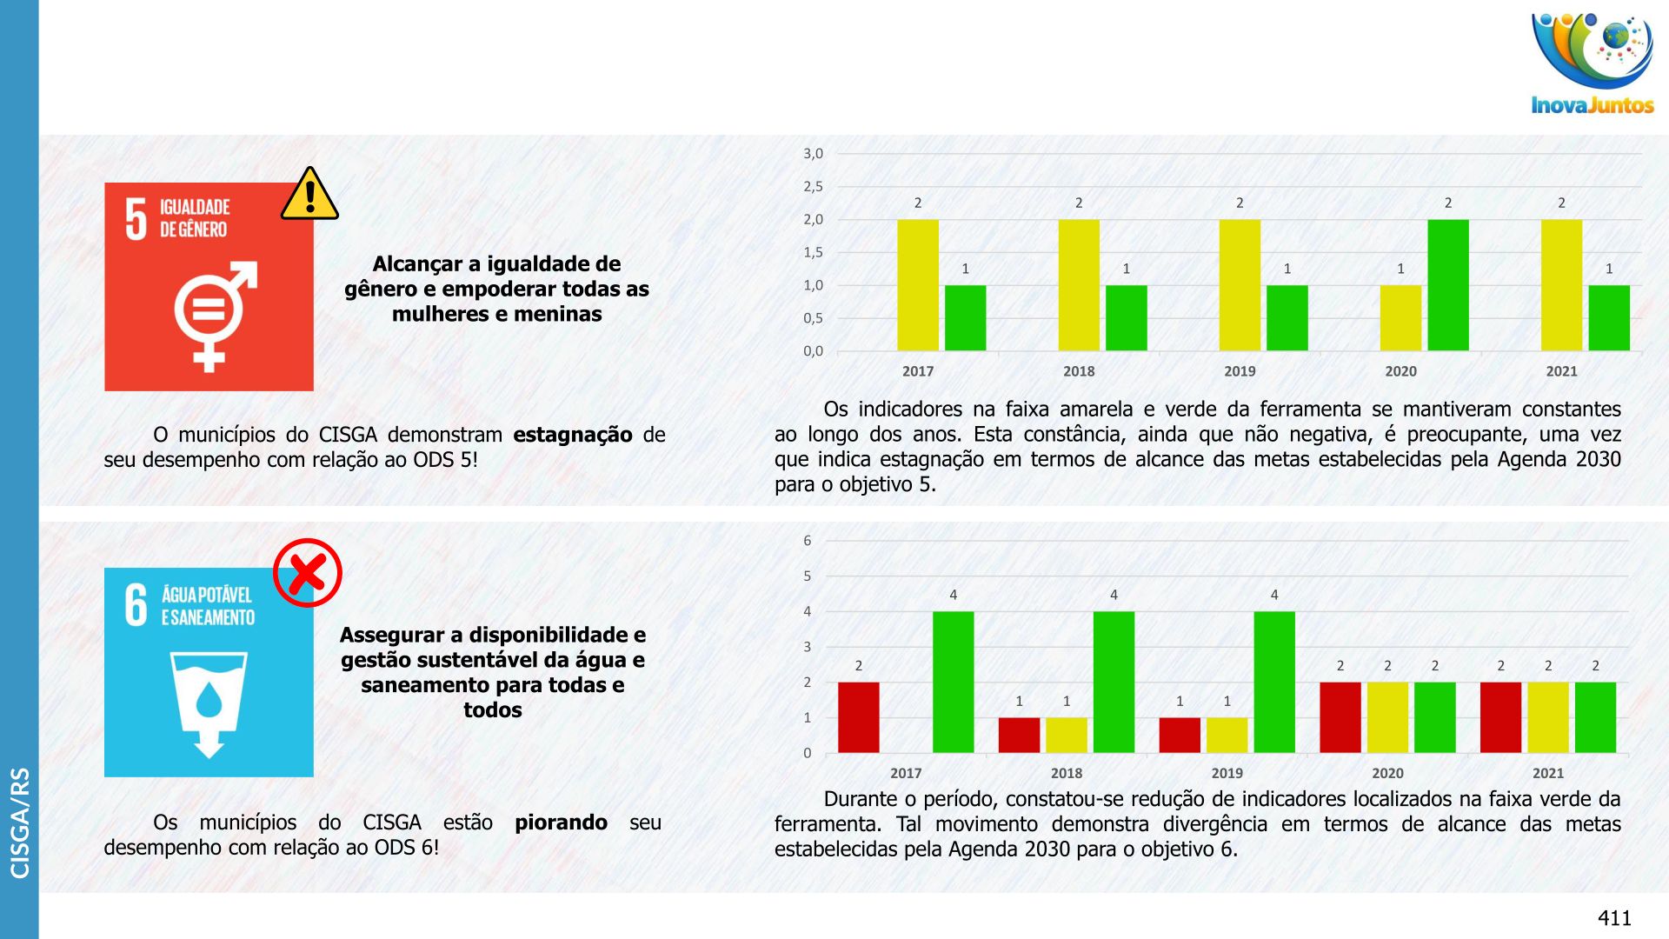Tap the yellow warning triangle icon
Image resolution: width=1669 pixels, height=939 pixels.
coord(309,195)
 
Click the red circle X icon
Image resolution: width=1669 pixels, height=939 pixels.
coord(308,573)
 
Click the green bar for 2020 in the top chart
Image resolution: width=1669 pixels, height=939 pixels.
coord(1448,285)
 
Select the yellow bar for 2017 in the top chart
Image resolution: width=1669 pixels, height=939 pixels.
coord(918,285)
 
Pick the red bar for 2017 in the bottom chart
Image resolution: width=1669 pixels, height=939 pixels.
coord(859,717)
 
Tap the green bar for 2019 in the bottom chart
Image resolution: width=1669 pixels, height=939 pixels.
coord(1274,682)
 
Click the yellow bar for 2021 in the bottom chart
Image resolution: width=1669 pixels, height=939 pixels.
coord(1548,717)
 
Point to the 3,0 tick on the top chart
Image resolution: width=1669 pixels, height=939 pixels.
coord(813,154)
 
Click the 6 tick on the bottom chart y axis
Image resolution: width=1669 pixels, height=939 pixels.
coord(808,541)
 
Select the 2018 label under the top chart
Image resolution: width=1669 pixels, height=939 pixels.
coord(1079,371)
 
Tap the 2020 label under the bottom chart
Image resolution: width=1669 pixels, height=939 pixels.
coord(1387,773)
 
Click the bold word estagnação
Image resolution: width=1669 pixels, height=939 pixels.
coord(572,435)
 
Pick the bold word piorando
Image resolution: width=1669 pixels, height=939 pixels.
coord(561,822)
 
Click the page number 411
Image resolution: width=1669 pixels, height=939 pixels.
coord(1614,918)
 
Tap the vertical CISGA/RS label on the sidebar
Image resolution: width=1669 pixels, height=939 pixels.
coord(19,822)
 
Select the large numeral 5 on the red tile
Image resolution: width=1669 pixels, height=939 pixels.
coord(136,218)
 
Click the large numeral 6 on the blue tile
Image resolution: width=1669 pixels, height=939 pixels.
coord(136,605)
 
